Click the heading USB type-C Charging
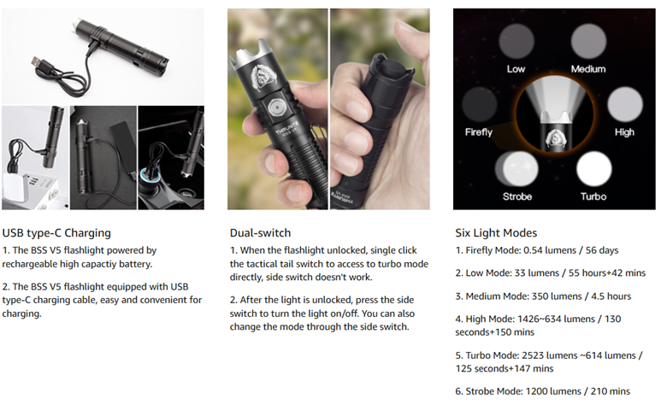[x=56, y=233]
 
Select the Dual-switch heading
[x=260, y=233]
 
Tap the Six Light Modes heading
[x=496, y=233]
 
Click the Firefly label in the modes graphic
[x=479, y=132]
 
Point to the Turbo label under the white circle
[x=593, y=196]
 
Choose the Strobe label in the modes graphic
[x=517, y=196]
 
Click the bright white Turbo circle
[x=594, y=169]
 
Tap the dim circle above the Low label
[x=516, y=41]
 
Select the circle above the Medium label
[x=588, y=41]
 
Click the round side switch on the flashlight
[x=276, y=108]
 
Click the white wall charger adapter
[x=18, y=190]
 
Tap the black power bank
[x=122, y=146]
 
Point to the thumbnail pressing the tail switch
[x=380, y=109]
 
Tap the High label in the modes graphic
[x=624, y=132]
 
